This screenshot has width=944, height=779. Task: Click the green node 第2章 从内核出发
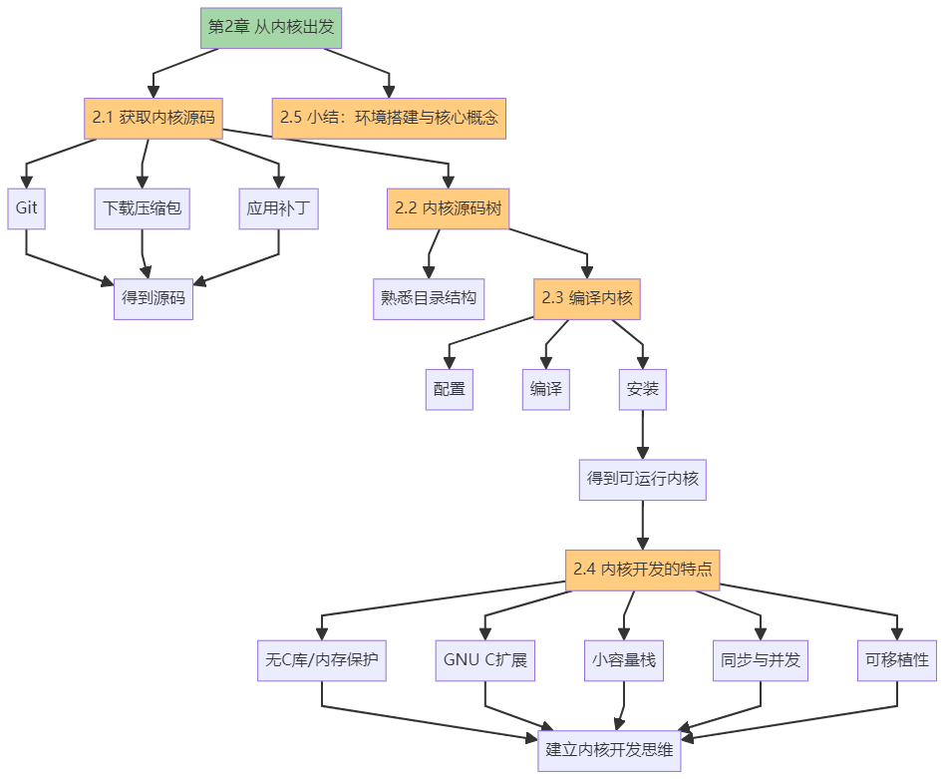[x=271, y=26]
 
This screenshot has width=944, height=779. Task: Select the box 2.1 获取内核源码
[x=153, y=117]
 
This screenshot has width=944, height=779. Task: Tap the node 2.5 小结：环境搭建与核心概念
[x=389, y=117]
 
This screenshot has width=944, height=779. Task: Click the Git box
[x=26, y=208]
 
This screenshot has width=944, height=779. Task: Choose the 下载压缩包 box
[x=142, y=208]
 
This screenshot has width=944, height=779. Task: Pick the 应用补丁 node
[x=279, y=208]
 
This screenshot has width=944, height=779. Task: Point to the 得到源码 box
[x=153, y=298]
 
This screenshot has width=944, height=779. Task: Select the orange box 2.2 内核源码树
[x=448, y=208]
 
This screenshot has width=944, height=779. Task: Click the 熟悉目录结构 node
[x=429, y=298]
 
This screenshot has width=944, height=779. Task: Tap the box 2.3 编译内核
[x=587, y=298]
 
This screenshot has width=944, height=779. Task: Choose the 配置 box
[x=450, y=389]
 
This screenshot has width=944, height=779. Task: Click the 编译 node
[x=546, y=389]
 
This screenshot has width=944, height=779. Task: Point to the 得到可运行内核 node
[x=643, y=479]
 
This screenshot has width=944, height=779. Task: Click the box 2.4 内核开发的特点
[x=643, y=570]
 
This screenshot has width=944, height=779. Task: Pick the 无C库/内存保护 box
[x=322, y=660]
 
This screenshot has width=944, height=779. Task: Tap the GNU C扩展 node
[x=484, y=660]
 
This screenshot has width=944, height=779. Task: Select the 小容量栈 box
[x=624, y=660]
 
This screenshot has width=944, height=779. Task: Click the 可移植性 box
[x=897, y=660]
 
